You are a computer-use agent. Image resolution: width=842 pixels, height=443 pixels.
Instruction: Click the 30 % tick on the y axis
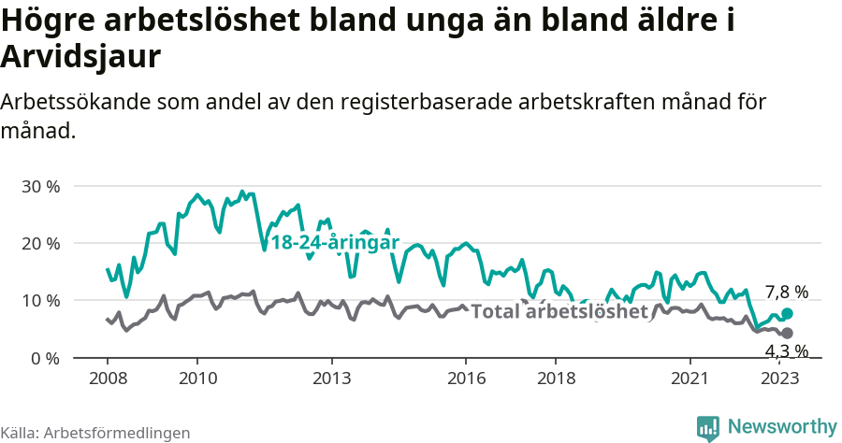point(39,186)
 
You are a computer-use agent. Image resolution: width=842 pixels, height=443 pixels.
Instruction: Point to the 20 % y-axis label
point(39,243)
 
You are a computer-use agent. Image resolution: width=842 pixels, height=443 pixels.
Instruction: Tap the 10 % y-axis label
point(39,301)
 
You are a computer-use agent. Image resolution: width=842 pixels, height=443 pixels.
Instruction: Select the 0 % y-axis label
point(43,358)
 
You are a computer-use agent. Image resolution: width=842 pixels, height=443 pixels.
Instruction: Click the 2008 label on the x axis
point(107,379)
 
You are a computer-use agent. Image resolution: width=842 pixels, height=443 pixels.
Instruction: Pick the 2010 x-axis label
point(196,379)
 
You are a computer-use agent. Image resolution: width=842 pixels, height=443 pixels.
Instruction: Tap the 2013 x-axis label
point(331,379)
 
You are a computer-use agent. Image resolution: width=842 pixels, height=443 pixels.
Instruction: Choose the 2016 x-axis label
point(466,379)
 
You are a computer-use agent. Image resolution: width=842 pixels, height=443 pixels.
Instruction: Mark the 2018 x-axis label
point(556,379)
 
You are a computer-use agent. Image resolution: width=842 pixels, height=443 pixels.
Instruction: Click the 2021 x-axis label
point(690,379)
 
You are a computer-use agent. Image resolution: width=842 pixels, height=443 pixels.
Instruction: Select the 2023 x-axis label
point(780,379)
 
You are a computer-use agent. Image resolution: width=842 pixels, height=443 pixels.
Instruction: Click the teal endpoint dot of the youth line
point(787,314)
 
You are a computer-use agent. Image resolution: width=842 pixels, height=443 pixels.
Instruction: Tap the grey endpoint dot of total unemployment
point(787,334)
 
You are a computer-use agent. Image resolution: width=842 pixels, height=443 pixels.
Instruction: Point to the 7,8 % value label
point(786,292)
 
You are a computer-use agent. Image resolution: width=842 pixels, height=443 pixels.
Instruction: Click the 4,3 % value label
point(786,351)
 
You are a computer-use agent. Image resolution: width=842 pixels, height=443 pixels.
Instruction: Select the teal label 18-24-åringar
point(335,243)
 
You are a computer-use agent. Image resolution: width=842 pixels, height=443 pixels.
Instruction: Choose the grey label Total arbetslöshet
point(559,311)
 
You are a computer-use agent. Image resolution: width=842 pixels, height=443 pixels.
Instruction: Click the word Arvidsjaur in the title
point(82,57)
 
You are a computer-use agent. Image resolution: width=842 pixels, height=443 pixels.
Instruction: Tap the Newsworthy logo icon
point(708,427)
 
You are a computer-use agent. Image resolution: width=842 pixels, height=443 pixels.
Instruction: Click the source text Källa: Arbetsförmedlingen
point(95,433)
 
